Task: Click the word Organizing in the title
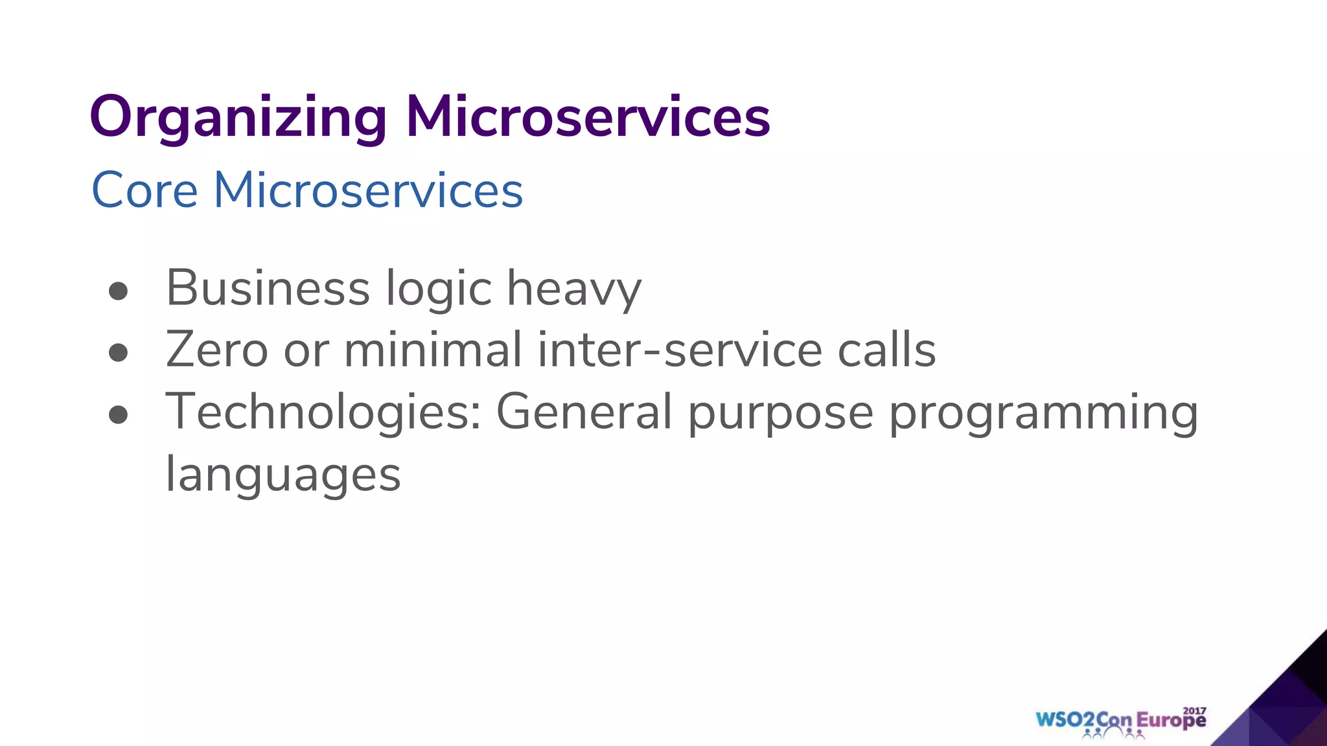(x=238, y=118)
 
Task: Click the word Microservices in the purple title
(x=587, y=117)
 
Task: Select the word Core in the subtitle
(x=144, y=190)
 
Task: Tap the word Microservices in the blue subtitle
(x=368, y=190)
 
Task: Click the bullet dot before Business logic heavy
(x=118, y=291)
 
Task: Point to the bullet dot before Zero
(x=118, y=353)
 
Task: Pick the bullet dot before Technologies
(x=118, y=414)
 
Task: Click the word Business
(x=268, y=288)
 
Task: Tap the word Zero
(x=216, y=350)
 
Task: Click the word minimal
(x=432, y=350)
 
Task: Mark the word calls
(x=886, y=350)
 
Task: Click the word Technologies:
(x=323, y=413)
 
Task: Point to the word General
(x=584, y=412)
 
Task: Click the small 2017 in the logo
(x=1194, y=710)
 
